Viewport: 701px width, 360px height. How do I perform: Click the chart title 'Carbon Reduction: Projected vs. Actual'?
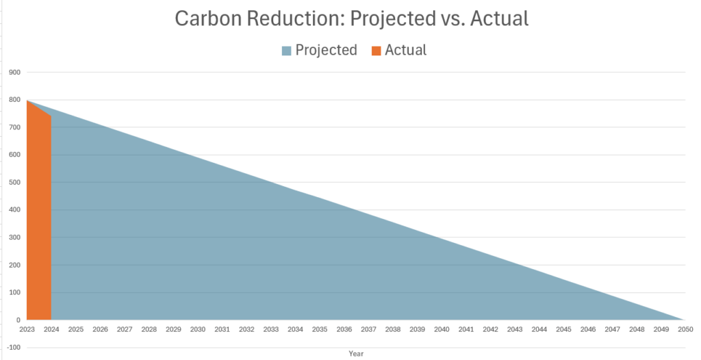tap(351, 18)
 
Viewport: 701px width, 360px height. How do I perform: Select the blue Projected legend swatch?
tap(286, 50)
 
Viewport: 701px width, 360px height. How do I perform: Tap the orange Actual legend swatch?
tap(376, 50)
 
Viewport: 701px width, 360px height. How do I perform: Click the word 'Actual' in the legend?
tap(405, 50)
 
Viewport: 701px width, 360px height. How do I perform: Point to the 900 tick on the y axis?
tap(14, 73)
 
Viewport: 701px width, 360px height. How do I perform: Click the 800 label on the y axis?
tap(14, 100)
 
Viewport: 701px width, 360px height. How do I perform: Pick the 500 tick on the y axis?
tap(14, 183)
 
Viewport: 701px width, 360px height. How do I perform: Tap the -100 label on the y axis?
tap(12, 348)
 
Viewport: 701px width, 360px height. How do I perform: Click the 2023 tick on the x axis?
tap(27, 330)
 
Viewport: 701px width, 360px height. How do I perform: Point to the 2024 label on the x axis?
tap(51, 330)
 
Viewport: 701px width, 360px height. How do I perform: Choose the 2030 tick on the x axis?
tap(197, 330)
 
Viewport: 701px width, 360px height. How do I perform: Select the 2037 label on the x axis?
tap(368, 330)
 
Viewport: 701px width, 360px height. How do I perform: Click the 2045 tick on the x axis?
tap(563, 330)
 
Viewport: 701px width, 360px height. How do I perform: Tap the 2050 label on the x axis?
tap(685, 330)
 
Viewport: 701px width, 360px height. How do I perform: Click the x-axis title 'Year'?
tap(356, 354)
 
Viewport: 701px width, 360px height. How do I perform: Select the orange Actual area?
tap(39, 219)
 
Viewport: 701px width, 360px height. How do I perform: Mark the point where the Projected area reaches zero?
tap(685, 320)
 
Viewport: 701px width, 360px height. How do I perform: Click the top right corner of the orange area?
tap(51, 116)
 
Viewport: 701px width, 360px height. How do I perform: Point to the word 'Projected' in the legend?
tap(326, 50)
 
